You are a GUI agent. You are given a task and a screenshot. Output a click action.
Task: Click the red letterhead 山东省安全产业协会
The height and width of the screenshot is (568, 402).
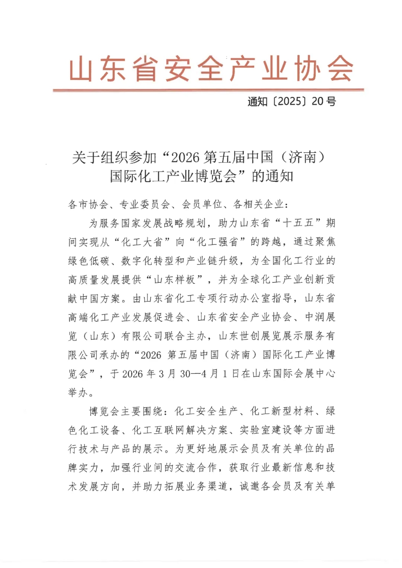[211, 69]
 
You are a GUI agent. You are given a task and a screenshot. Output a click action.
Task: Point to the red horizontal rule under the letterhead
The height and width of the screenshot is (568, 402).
[208, 90]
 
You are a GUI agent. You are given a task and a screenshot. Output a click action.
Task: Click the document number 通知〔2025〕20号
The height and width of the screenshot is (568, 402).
[292, 101]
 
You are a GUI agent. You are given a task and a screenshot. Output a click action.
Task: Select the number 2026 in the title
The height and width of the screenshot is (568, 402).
[185, 158]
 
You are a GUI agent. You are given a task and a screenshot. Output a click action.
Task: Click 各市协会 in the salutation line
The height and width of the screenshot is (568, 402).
[88, 204]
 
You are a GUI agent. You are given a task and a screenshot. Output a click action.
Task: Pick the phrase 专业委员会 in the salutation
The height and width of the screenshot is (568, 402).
[145, 204]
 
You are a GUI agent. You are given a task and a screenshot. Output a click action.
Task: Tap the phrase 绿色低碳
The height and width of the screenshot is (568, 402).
[89, 261]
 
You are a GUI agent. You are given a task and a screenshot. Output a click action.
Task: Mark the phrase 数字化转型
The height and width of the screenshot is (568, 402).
[143, 261]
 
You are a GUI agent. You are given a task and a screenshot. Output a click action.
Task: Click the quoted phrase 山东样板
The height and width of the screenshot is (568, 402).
[175, 280]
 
